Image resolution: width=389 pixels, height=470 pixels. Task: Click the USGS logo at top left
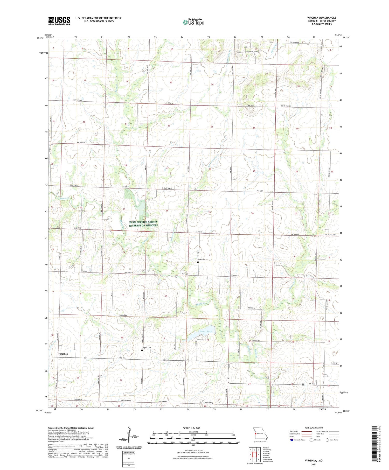point(59,21)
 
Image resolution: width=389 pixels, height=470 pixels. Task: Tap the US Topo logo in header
point(193,22)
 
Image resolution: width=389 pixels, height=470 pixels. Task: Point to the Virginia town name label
point(63,354)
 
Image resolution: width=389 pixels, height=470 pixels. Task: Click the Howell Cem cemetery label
point(82,211)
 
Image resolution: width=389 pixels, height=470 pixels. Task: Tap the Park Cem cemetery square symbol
point(198,262)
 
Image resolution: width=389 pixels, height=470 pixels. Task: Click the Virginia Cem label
point(146,348)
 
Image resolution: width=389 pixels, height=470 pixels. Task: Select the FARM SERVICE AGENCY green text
point(143,222)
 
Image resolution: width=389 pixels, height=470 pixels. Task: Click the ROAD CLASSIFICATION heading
point(314,428)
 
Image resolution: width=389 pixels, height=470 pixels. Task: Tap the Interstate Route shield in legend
point(292,440)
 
